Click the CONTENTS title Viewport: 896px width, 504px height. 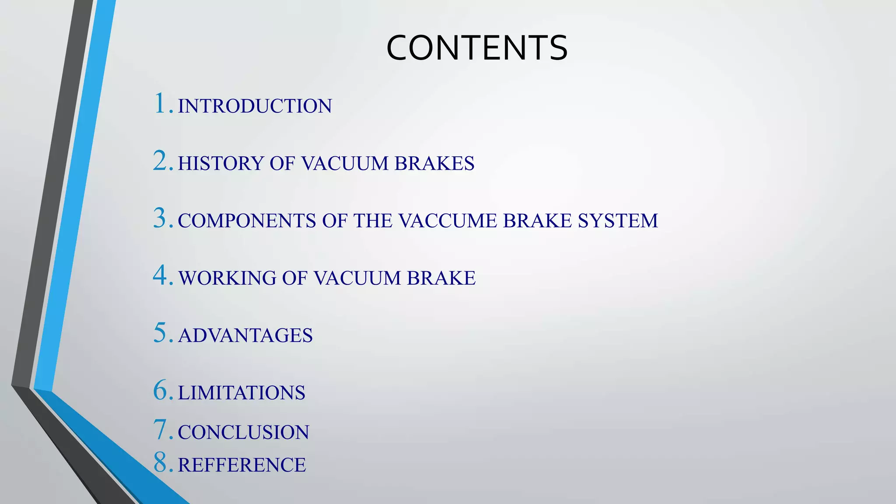click(x=477, y=48)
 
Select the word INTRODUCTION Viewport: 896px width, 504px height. click(x=255, y=106)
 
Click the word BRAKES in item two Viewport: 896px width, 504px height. click(x=434, y=164)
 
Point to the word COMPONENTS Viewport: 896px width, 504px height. click(x=247, y=221)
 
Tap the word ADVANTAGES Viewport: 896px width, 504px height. click(x=245, y=336)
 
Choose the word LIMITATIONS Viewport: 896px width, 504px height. click(x=241, y=393)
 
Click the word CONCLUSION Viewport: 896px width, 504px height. click(x=243, y=433)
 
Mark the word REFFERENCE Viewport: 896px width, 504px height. click(x=242, y=465)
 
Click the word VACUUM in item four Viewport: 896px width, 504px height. click(x=357, y=278)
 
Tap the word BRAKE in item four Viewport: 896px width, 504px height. click(x=441, y=278)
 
